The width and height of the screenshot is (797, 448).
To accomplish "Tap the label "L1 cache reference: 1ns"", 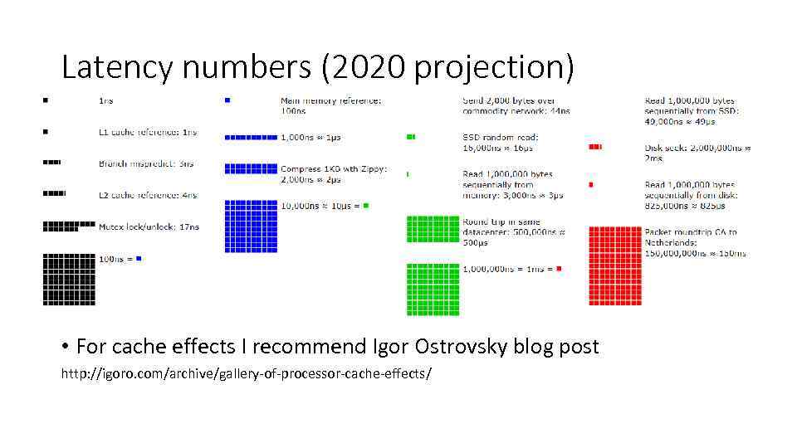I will pos(148,132).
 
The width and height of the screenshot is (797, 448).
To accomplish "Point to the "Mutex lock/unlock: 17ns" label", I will pos(149,226).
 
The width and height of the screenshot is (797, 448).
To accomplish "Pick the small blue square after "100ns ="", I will pos(139,259).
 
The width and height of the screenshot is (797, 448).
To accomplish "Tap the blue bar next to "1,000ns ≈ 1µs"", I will pos(251,138).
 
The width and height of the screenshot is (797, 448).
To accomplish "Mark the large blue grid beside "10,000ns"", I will pos(251,226).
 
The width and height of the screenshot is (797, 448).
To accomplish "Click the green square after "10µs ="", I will pos(365,205).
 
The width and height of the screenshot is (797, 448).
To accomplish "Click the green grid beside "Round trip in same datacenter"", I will pos(433,229).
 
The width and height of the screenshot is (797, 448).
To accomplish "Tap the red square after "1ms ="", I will pos(560,269).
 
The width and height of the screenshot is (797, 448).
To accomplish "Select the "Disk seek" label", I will pos(673,148).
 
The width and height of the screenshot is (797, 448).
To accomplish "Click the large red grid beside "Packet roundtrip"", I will pos(615,265).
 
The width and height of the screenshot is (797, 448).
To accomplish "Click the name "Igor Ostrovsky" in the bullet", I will pos(451,346).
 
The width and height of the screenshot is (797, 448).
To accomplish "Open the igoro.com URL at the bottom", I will pos(247,373).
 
